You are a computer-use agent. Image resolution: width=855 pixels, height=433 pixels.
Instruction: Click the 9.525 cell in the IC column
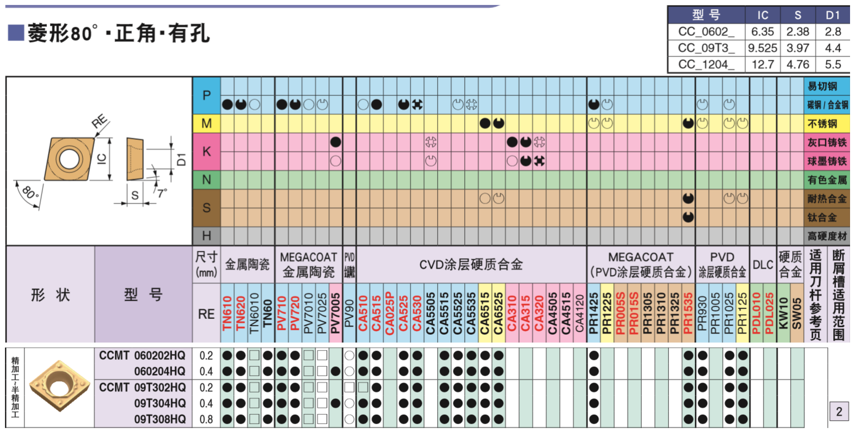763,48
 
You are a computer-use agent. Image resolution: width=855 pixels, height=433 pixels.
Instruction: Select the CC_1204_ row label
706,64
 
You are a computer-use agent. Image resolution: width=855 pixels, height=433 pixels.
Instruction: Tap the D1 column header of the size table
833,15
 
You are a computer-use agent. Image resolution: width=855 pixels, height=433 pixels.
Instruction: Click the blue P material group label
207,95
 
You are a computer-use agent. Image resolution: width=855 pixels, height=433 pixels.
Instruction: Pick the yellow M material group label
207,124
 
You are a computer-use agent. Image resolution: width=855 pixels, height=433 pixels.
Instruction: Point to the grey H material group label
207,236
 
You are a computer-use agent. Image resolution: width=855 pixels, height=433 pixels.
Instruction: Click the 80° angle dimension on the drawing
30,192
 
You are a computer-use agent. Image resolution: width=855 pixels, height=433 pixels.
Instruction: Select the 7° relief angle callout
162,193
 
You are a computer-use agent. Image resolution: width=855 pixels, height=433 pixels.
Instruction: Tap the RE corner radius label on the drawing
99,122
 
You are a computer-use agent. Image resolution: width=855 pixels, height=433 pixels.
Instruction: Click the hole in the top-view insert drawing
69,159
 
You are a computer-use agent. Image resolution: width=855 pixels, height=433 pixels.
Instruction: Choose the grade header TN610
227,313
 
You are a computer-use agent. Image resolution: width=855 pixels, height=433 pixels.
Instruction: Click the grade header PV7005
335,313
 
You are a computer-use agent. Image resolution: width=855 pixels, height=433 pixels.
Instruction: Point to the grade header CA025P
390,313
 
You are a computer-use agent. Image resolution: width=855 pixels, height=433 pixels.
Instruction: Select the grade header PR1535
688,313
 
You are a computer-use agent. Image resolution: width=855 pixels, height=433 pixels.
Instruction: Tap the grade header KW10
783,313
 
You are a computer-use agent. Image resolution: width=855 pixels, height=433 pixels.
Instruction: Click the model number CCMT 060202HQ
142,355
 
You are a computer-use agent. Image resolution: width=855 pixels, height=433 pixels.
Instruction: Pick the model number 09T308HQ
160,419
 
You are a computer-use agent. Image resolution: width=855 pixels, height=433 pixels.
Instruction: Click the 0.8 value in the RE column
206,419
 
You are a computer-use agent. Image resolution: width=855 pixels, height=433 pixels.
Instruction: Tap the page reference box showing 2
839,411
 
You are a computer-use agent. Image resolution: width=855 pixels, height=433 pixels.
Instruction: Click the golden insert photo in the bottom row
59,386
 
